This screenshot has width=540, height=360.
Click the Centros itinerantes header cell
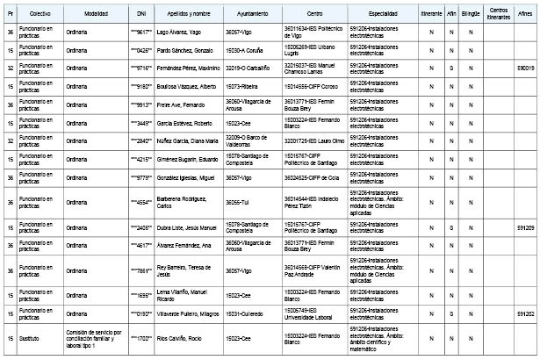pos(499,16)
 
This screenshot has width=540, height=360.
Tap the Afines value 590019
pos(525,67)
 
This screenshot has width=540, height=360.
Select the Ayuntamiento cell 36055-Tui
pos(238,202)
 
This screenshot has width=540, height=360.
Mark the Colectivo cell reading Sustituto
pos(30,337)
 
